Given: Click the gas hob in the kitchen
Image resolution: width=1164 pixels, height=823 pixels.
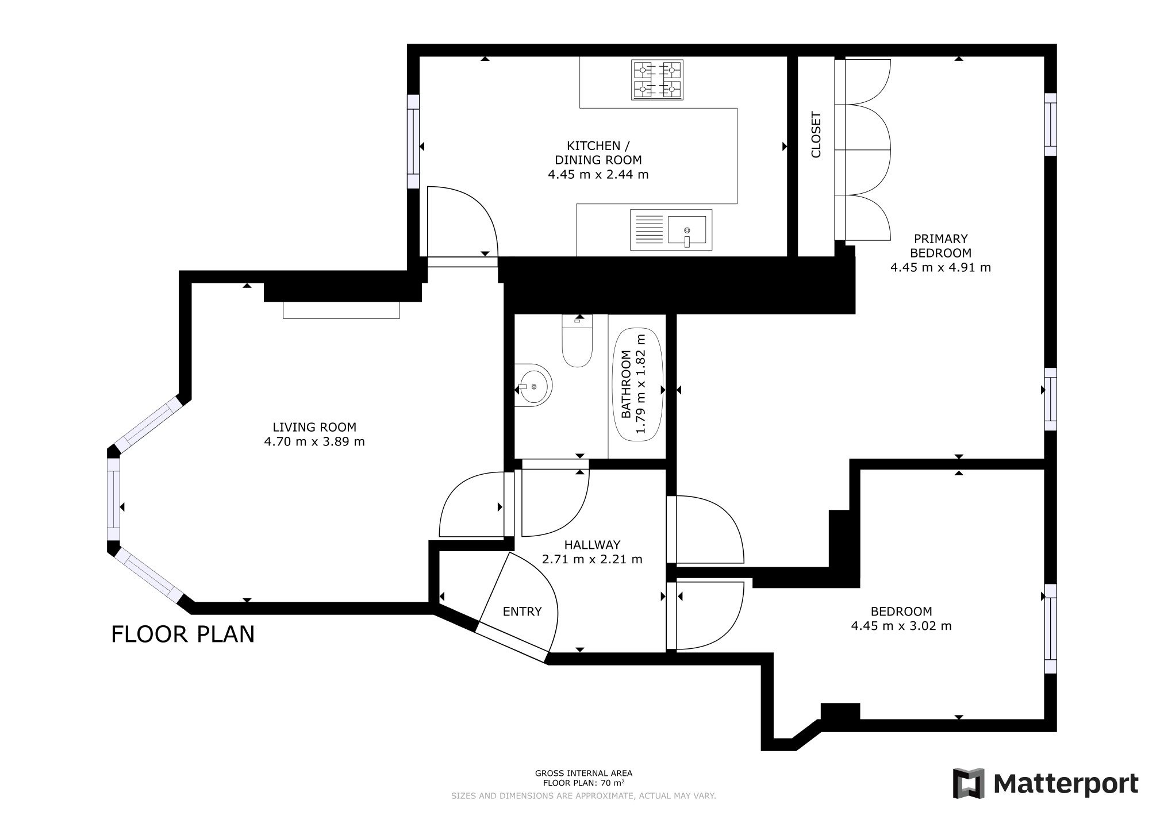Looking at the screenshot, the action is pos(658,79).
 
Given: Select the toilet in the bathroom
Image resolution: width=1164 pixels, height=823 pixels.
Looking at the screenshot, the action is pos(577,341).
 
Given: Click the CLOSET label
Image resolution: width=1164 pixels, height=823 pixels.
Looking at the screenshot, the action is pos(816,134).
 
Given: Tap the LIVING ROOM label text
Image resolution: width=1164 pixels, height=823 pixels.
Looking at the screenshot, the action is pos(314,427).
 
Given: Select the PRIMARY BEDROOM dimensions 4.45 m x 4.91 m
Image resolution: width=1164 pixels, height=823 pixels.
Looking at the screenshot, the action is pos(940,267).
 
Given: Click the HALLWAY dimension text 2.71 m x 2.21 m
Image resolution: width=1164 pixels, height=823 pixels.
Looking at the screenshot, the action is pos(592,559).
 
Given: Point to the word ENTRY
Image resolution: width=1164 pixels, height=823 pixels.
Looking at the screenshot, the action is pos(522,612).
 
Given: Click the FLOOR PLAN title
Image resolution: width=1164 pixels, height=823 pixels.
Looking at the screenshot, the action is pos(183,634).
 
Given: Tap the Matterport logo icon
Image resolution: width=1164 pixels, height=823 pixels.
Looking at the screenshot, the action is pos(969,783).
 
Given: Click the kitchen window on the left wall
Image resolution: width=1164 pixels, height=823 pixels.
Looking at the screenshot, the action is pos(413,141).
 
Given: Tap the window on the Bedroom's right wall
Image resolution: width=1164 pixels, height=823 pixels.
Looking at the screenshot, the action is pos(1050,629).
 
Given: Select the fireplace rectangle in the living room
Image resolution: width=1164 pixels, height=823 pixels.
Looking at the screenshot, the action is pos(341,310).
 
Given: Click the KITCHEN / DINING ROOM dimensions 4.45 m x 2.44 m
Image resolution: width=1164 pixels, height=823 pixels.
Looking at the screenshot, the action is pos(598,174).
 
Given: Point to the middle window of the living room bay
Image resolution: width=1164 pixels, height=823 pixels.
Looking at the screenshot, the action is pos(114,499).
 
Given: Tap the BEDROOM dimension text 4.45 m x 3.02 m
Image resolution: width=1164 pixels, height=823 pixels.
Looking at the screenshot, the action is pos(901,626).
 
